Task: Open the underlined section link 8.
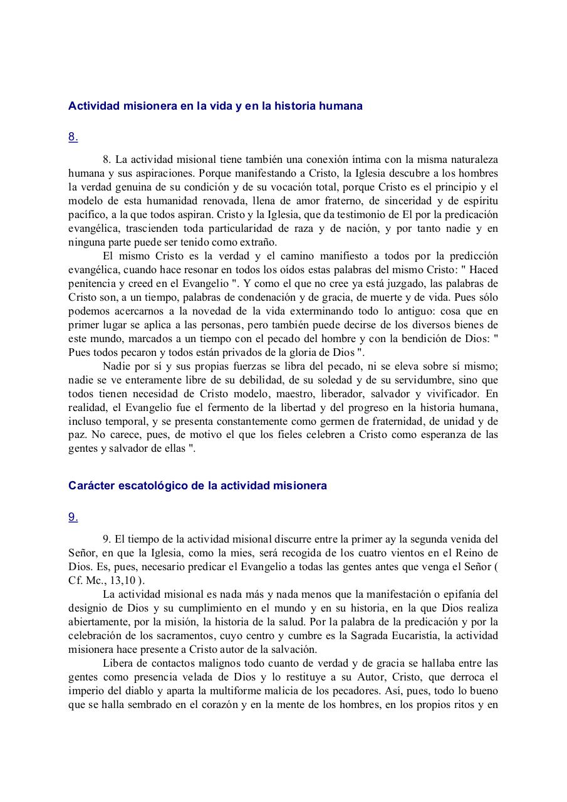tap(73, 137)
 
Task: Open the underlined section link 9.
tap(73, 517)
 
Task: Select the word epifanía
tap(457, 594)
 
